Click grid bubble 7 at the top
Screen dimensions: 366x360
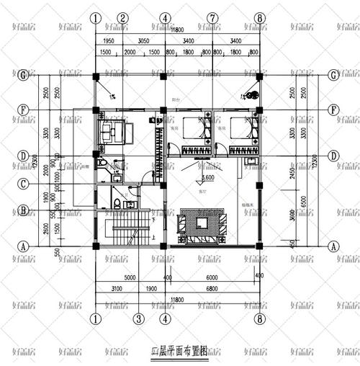(212, 17)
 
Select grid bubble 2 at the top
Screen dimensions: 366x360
(123, 17)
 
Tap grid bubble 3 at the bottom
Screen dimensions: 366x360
(138, 318)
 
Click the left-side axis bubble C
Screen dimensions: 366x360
(23, 184)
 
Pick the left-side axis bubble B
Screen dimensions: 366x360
(23, 211)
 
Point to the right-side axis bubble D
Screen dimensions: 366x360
(333, 156)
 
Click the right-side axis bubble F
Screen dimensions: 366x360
(333, 110)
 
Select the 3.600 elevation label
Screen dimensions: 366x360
(208, 177)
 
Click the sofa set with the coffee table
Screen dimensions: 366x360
(204, 226)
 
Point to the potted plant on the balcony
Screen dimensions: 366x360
(252, 93)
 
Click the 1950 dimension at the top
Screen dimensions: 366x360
(108, 42)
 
